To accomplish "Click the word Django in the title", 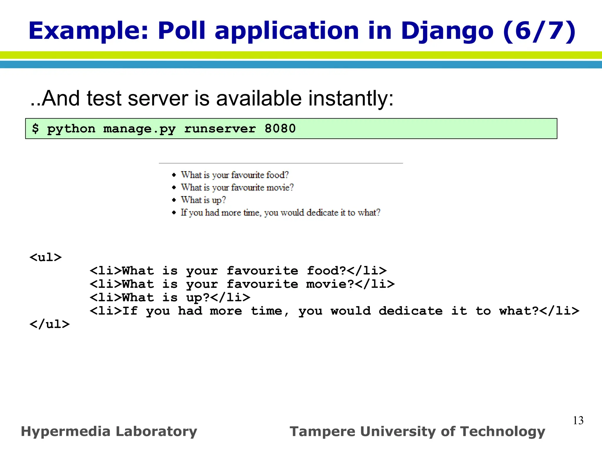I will click(447, 31).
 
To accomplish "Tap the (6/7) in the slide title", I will click(539, 31).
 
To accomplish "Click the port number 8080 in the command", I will click(280, 129).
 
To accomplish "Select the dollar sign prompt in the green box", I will click(36, 129).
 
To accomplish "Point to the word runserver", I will click(220, 129).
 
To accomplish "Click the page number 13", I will click(578, 420).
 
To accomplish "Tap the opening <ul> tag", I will click(46, 257).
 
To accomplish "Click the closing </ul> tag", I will click(49, 324).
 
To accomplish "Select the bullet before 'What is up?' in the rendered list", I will click(174, 200).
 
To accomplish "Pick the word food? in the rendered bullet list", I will click(277, 175).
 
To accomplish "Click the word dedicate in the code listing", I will click(410, 311).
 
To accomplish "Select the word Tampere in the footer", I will click(322, 432).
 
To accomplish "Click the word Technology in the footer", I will click(502, 432).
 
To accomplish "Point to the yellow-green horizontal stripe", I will click(301, 55).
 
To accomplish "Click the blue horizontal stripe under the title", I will click(301, 65).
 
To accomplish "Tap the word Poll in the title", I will click(181, 31).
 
